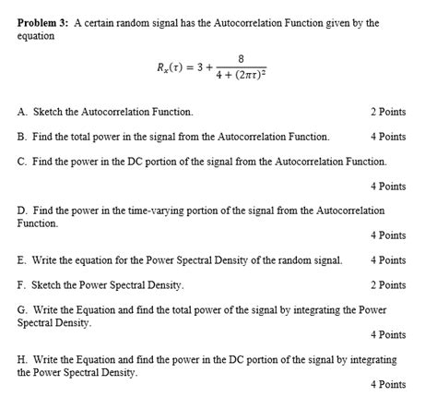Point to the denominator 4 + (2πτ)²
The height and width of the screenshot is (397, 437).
click(241, 77)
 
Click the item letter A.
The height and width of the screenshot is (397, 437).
click(21, 112)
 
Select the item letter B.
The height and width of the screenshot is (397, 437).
click(21, 137)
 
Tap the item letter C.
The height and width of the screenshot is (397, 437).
click(21, 162)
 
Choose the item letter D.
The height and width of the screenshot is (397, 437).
click(21, 211)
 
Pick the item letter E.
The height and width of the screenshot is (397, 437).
click(21, 260)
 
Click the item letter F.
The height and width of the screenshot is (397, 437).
click(21, 285)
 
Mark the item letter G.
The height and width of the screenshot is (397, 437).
click(21, 310)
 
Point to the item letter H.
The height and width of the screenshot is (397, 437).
click(21, 360)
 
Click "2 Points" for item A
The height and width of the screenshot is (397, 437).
click(388, 112)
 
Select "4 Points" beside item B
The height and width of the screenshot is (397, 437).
click(388, 137)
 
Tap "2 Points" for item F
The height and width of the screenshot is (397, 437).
click(388, 285)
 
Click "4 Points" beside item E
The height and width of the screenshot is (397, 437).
click(388, 260)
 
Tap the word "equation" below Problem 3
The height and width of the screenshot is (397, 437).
click(36, 35)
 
